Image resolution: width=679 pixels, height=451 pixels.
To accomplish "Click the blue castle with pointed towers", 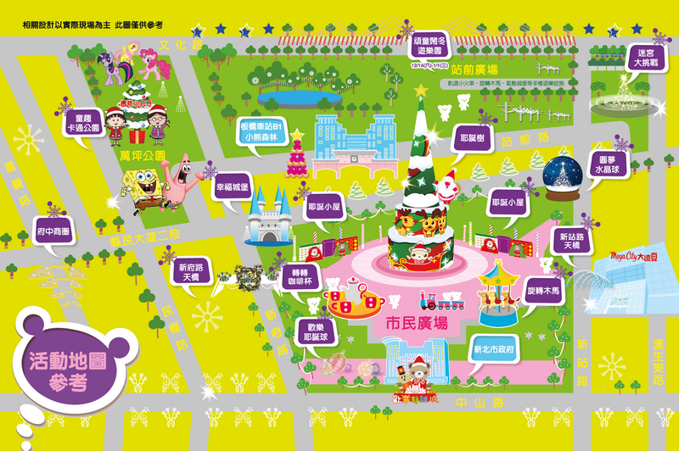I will (x=268, y=215).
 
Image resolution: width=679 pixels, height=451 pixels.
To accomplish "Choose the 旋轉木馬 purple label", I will (x=543, y=291).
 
